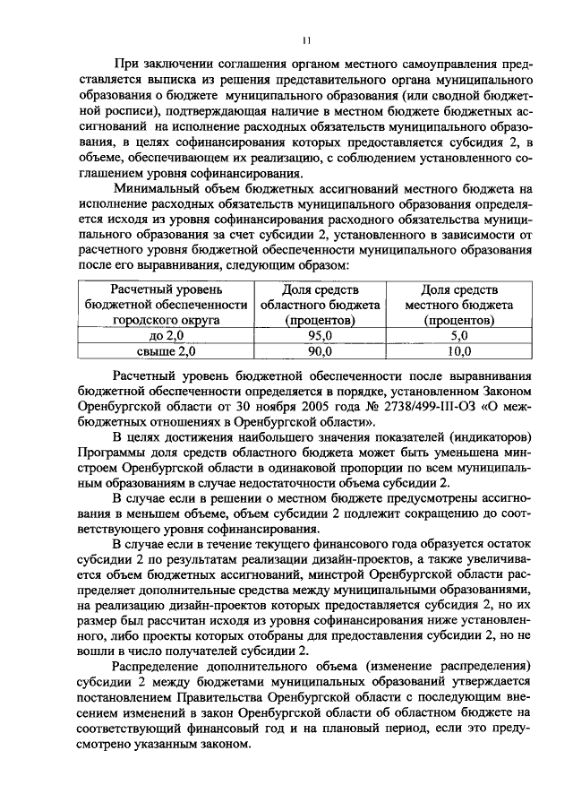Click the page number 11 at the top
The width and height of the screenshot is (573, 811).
pyautogui.click(x=306, y=40)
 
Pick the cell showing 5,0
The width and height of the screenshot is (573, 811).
pyautogui.click(x=459, y=335)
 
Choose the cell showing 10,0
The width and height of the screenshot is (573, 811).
pyautogui.click(x=459, y=351)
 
